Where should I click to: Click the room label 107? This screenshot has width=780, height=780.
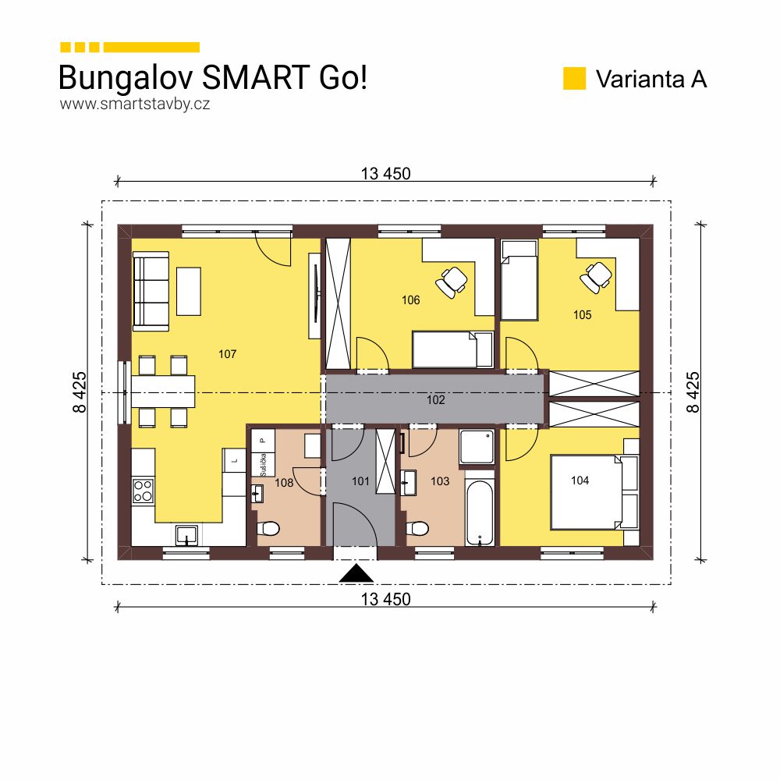click(227, 354)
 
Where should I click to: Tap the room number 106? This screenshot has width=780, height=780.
click(410, 300)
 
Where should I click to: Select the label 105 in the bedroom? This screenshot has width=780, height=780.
click(582, 315)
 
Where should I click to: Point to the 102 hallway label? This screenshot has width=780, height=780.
click(435, 400)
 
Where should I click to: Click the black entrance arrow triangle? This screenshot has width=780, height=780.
click(357, 574)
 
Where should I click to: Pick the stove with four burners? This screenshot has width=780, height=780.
click(143, 490)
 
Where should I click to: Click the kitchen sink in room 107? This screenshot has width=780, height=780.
click(186, 535)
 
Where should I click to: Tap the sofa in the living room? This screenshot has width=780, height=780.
click(151, 290)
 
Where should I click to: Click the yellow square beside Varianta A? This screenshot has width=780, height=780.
click(574, 79)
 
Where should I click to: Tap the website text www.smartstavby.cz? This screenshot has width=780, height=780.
click(134, 103)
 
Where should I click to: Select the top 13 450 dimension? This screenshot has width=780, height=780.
click(385, 173)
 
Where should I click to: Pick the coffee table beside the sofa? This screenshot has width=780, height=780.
click(188, 291)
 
